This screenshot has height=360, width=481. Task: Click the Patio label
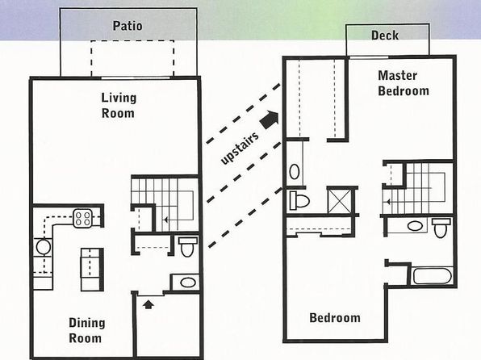tap(128, 26)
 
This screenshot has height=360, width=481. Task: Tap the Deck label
tap(385, 36)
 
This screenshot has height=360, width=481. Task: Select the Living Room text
tap(119, 106)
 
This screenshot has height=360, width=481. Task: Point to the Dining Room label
tap(87, 330)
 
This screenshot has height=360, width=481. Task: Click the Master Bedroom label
tap(403, 83)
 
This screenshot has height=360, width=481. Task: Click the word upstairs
tap(240, 149)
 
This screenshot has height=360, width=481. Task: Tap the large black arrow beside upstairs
tap(270, 119)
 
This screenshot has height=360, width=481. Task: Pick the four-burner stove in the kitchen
tap(83, 218)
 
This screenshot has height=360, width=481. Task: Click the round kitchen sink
tap(44, 247)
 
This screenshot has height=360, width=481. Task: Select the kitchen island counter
tap(92, 270)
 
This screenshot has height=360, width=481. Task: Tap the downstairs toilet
tap(186, 246)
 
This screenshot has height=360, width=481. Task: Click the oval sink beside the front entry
tap(188, 283)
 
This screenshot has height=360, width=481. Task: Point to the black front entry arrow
tap(148, 304)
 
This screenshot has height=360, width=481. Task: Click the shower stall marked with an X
tap(340, 201)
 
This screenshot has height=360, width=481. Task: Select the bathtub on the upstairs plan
tap(433, 276)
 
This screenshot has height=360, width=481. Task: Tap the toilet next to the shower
tap(299, 200)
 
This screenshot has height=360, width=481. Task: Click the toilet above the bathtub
tap(441, 228)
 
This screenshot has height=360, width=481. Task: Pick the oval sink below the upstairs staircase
tap(415, 226)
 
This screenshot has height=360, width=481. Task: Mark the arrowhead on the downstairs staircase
tap(165, 220)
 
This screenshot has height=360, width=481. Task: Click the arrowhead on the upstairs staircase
tap(388, 202)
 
